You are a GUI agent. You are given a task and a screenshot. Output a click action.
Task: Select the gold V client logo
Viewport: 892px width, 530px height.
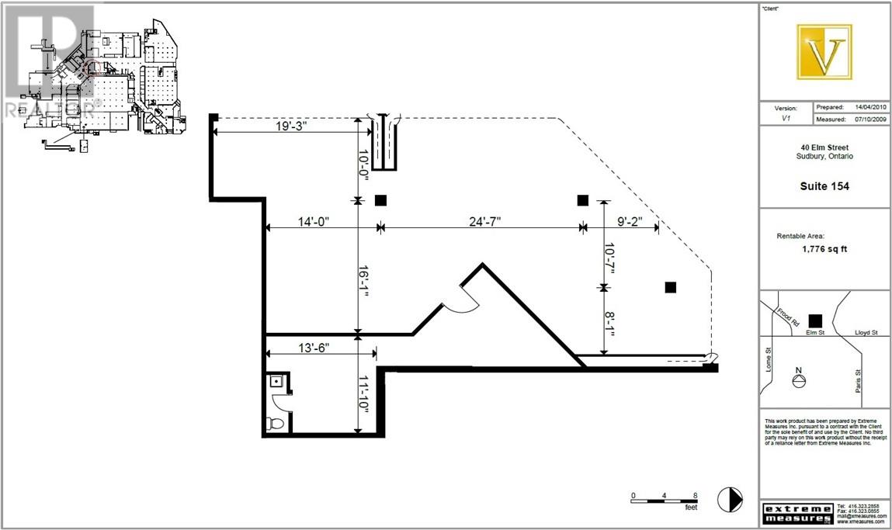[824, 52]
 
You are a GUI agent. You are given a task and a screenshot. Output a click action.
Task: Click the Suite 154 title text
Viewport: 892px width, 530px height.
[824, 186]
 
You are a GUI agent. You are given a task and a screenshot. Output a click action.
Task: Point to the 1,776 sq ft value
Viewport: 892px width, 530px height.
[824, 250]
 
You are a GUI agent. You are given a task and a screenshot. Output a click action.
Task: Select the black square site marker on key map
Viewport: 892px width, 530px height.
[815, 320]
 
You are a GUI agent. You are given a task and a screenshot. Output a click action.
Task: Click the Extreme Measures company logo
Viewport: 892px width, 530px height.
[797, 513]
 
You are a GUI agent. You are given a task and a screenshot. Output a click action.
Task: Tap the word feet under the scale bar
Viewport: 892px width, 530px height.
[690, 507]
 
